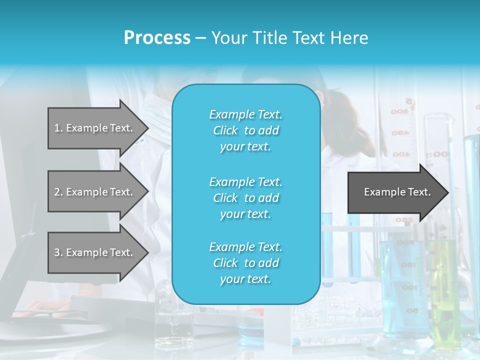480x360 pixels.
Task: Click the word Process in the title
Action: pos(157,37)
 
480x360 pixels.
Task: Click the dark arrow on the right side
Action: pos(395,192)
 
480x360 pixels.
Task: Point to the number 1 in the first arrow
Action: pos(56,128)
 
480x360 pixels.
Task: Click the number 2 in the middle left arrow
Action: pos(56,192)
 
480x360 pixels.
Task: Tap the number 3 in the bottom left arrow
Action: pos(56,252)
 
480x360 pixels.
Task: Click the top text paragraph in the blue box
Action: pos(245,130)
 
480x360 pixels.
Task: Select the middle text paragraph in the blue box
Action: pos(245,198)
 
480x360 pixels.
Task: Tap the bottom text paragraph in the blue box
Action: pos(245,263)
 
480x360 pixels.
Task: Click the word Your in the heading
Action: pos(227,37)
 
